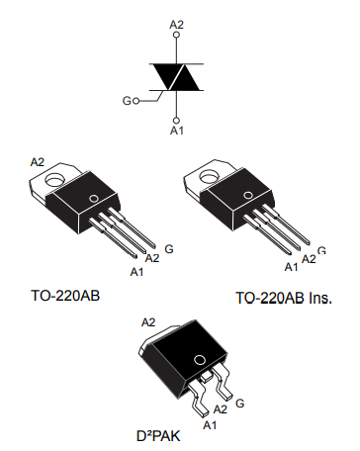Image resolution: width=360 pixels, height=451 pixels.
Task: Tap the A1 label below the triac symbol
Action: [x=177, y=130]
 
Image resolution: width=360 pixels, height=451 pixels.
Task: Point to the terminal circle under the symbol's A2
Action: [x=177, y=36]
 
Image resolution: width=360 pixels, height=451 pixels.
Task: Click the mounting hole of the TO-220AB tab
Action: [x=55, y=180]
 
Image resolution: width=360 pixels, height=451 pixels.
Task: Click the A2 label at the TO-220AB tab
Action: [x=38, y=161]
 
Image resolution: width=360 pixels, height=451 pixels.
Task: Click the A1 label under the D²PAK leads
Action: [x=209, y=424]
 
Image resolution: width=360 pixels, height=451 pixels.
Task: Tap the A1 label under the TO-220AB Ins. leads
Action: [x=291, y=266]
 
